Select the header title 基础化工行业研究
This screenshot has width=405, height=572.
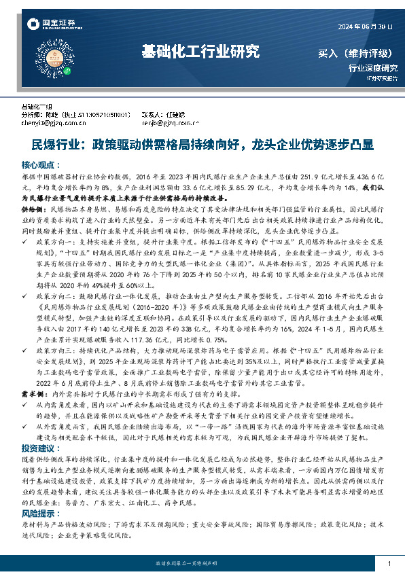pos(200,51)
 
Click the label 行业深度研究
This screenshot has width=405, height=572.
pos(372,68)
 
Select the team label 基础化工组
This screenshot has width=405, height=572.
pos(37,107)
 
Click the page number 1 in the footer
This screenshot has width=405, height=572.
pos(388,563)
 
